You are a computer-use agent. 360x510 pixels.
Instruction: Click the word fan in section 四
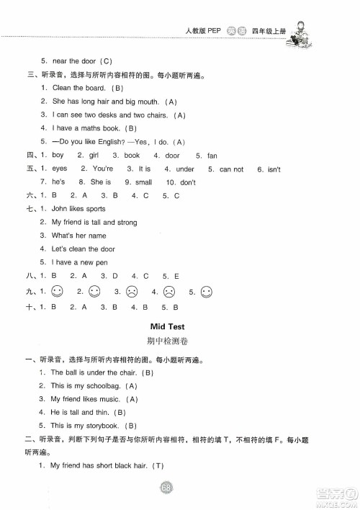[212, 156]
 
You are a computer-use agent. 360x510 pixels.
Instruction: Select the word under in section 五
[185, 169]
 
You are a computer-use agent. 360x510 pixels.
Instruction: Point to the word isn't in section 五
[273, 169]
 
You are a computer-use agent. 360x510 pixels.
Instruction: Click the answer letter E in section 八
[175, 275]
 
